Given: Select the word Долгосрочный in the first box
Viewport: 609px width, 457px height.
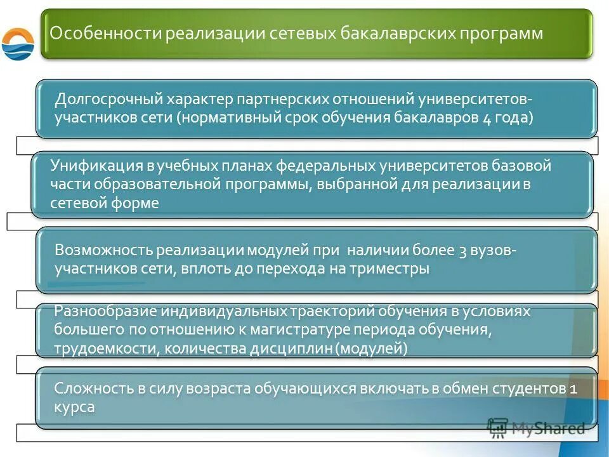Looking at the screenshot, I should click(x=108, y=100).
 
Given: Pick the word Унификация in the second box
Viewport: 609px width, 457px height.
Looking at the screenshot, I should click(x=97, y=166).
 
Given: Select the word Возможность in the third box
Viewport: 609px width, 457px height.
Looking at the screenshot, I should click(x=104, y=250).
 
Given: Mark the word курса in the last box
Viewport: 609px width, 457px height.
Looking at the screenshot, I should click(x=74, y=407).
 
